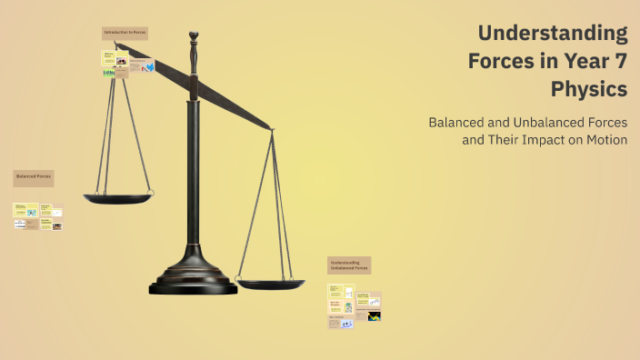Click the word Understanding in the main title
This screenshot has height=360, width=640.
coord(553,34)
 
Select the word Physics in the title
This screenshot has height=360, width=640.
coord(589,90)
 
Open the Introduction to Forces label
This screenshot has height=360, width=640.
coord(125,33)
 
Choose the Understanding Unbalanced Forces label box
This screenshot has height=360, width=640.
coord(349,265)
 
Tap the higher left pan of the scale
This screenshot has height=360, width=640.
coord(118,196)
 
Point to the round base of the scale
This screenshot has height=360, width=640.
coord(193,282)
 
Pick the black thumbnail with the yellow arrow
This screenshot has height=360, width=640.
coord(374,316)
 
